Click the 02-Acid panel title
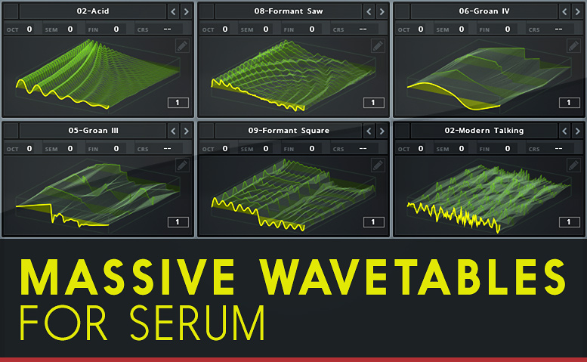click(x=93, y=11)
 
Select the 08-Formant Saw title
click(x=289, y=11)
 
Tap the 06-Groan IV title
click(x=484, y=11)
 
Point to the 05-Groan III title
click(x=93, y=131)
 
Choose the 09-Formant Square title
click(x=289, y=131)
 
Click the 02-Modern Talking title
click(x=484, y=131)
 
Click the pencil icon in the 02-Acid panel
click(x=182, y=46)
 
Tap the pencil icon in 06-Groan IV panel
click(x=573, y=46)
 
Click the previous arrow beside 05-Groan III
click(x=173, y=131)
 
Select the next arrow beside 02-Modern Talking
click(x=578, y=131)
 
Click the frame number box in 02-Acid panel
click(x=178, y=103)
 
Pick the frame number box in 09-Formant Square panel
click(x=374, y=222)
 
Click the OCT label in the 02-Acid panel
click(x=12, y=30)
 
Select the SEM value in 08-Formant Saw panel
click(x=266, y=29)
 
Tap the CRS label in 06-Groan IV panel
click(x=534, y=30)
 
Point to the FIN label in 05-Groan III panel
click(x=93, y=150)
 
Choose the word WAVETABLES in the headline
click(x=413, y=277)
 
